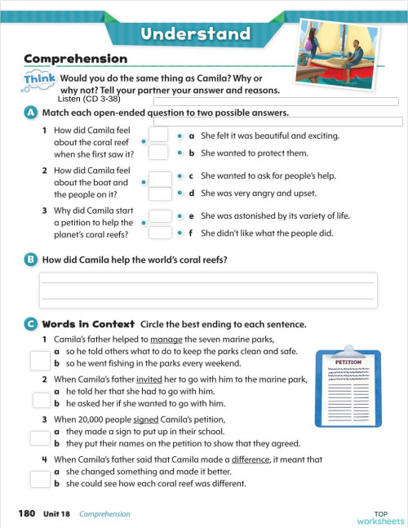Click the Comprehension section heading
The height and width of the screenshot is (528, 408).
pyautogui.click(x=76, y=59)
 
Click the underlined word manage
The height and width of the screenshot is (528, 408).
pyautogui.click(x=164, y=339)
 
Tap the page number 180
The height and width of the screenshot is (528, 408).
pyautogui.click(x=27, y=513)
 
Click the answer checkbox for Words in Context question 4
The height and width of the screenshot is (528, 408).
pyautogui.click(x=39, y=479)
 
